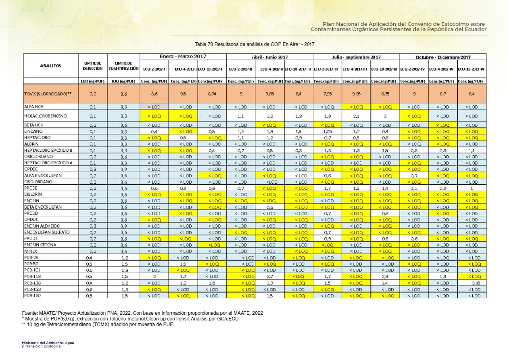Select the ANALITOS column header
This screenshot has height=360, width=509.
[x=50, y=66]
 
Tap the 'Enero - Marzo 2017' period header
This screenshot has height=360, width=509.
[x=183, y=57]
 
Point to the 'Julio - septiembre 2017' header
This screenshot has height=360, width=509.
[x=356, y=57]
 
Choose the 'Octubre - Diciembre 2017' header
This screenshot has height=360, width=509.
[x=443, y=57]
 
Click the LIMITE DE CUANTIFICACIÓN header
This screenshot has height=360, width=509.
[x=123, y=66]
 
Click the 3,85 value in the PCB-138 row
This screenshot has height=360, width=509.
[x=472, y=283]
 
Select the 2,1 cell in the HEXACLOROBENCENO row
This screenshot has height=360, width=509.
[x=356, y=116]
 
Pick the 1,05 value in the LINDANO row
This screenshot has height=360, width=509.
[x=327, y=132]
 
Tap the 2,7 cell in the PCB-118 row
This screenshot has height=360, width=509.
[x=270, y=276]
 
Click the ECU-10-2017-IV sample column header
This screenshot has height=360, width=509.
[x=471, y=69]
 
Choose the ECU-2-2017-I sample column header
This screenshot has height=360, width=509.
[x=154, y=69]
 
